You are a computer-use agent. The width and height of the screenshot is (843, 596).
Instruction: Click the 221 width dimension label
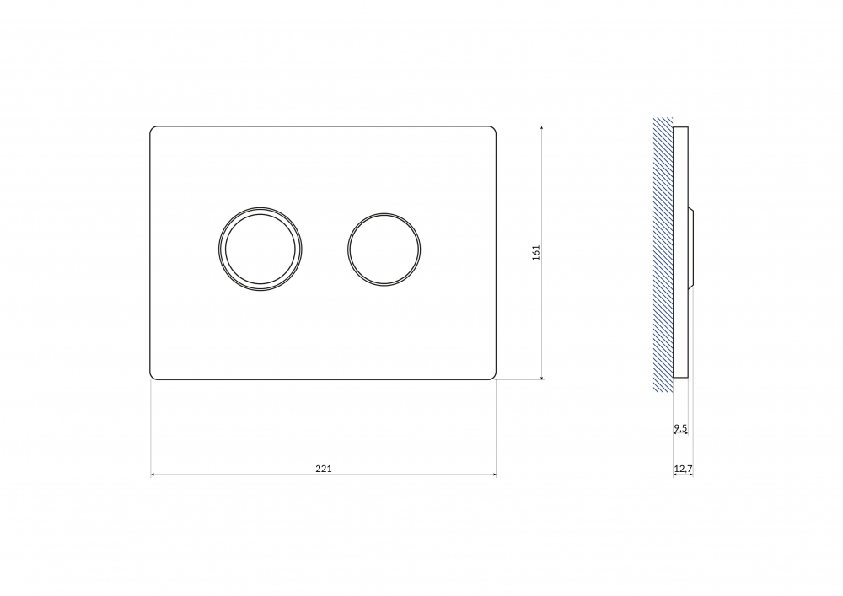coord(323,469)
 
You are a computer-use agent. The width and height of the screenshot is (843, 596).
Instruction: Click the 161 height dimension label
coord(536,253)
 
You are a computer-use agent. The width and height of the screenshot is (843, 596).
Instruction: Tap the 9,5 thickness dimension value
coord(680,428)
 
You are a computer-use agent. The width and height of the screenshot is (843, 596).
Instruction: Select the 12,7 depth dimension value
coord(683,469)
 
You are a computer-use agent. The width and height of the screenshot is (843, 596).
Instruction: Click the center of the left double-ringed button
coord(260,249)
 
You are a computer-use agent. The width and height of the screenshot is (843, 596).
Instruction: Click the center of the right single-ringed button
coord(384,250)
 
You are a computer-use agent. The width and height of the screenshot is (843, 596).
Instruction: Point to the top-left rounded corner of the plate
coord(152,129)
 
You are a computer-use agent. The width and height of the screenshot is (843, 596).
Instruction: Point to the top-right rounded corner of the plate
coord(493,129)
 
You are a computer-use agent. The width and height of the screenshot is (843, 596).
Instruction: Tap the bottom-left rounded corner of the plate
coord(152,377)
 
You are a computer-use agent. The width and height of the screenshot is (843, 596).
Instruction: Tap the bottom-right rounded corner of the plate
coord(493,377)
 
